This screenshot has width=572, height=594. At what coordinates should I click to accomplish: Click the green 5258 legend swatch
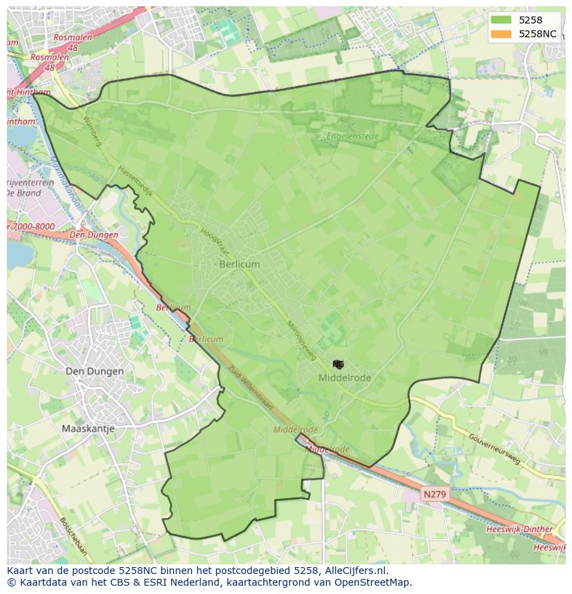[x=502, y=20]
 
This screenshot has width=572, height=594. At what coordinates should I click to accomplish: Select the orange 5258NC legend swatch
[x=502, y=34]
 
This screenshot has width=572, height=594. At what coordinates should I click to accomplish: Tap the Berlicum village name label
[x=240, y=264]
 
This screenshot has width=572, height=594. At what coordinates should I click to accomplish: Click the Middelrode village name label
[x=345, y=378]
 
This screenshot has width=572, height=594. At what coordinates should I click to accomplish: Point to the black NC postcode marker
[x=338, y=364]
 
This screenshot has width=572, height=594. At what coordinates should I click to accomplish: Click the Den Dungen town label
[x=95, y=371]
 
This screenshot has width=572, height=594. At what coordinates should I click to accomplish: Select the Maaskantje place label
[x=88, y=428]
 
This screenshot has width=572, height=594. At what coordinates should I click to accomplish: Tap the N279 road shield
[x=435, y=494]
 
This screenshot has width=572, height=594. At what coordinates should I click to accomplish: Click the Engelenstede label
[x=352, y=137]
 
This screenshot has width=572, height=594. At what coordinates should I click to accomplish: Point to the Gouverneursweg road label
[x=494, y=450]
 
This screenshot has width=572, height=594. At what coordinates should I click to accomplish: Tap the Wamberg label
[x=92, y=132]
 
